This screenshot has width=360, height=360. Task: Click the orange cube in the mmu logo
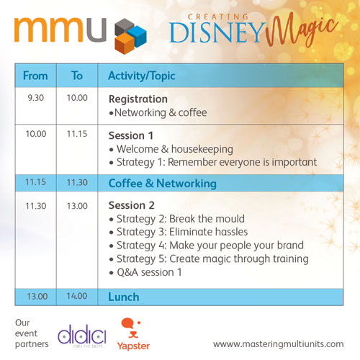(x=125, y=43)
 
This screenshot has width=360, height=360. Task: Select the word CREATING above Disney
(x=218, y=17)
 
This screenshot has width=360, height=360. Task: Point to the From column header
(x=35, y=76)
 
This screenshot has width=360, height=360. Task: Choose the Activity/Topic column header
(x=142, y=76)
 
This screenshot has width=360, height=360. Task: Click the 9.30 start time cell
(x=36, y=98)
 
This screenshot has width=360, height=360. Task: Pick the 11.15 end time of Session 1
(x=77, y=134)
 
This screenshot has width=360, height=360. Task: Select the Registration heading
(x=138, y=99)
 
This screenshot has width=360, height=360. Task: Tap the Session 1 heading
(x=131, y=135)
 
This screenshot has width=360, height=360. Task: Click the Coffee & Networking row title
(x=163, y=184)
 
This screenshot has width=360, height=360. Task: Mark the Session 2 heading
(x=132, y=205)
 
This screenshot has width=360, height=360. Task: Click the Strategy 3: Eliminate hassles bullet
(x=179, y=232)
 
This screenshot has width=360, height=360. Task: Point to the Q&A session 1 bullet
(x=145, y=272)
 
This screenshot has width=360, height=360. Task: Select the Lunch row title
(x=124, y=297)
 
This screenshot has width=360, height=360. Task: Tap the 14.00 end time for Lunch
(x=77, y=296)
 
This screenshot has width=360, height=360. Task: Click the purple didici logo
(x=82, y=334)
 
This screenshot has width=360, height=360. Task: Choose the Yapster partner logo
(x=133, y=334)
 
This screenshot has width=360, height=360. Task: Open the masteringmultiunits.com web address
(x=278, y=344)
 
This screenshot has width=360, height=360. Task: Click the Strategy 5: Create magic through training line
(x=209, y=259)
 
